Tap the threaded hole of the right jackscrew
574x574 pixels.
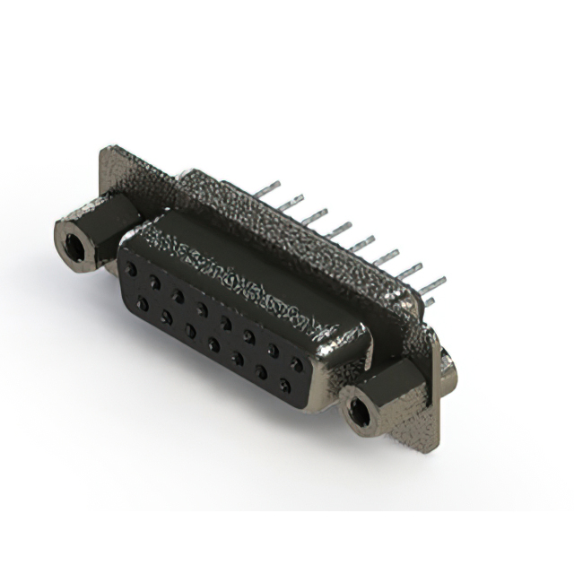[360, 413]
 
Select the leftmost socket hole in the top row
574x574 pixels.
[133, 267]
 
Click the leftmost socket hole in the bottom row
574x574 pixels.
[143, 303]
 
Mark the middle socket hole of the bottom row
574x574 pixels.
[214, 344]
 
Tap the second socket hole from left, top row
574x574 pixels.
[155, 282]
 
